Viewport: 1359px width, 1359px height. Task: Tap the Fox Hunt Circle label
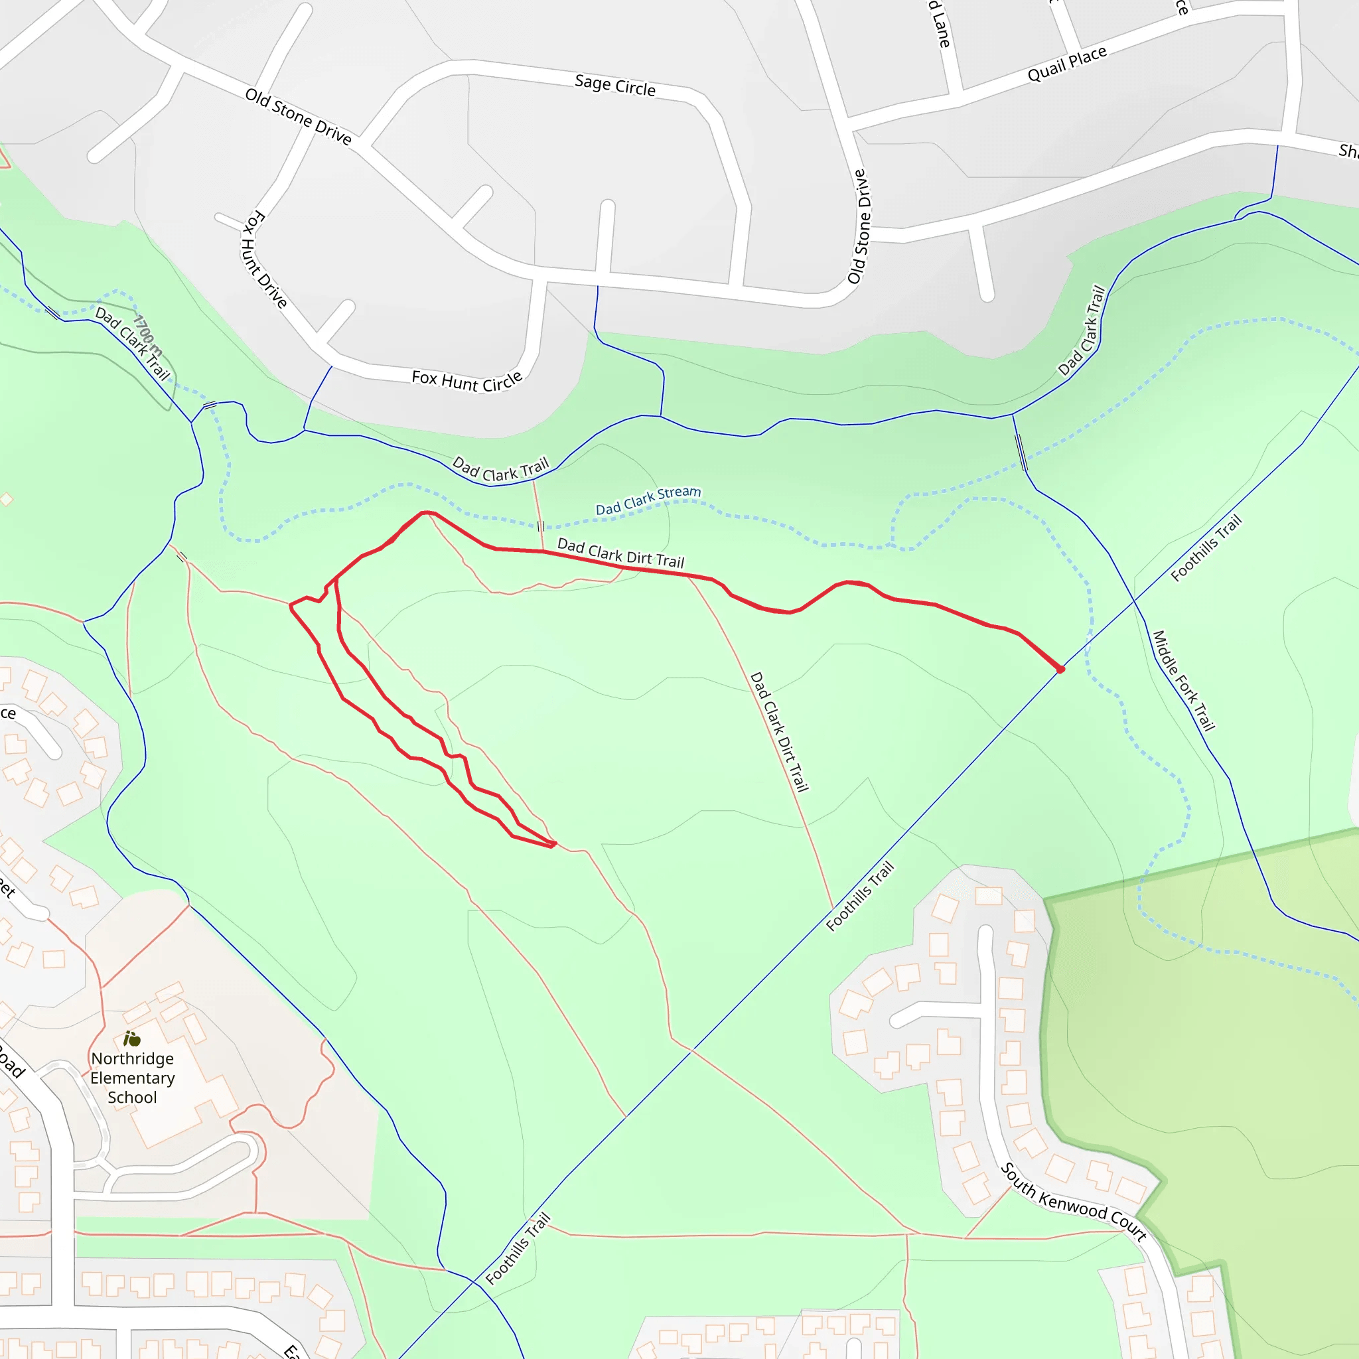[466, 380]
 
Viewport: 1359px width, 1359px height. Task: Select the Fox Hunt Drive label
[264, 259]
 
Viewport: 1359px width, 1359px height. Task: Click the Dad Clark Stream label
[648, 500]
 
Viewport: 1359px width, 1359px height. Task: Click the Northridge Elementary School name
[132, 1078]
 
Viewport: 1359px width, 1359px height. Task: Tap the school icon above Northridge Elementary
[131, 1038]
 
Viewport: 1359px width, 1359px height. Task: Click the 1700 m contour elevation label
[148, 336]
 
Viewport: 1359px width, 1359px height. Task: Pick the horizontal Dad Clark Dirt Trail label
[620, 553]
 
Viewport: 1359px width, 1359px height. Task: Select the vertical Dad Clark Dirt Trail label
[780, 731]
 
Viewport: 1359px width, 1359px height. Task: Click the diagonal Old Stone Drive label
[298, 115]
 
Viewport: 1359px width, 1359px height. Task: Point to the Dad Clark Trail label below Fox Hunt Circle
[500, 469]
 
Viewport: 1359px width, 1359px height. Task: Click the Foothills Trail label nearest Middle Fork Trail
[1206, 549]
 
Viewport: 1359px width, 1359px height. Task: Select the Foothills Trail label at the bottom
[518, 1248]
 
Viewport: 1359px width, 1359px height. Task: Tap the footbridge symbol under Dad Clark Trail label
[540, 526]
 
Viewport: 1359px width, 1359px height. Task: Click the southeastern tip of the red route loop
[554, 843]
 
